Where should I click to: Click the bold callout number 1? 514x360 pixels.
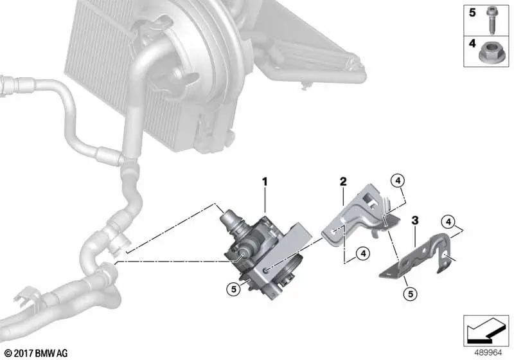click(x=265, y=182)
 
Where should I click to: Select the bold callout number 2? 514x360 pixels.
click(x=343, y=181)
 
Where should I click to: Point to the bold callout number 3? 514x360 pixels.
click(x=415, y=221)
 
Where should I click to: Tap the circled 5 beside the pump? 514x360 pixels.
click(x=234, y=289)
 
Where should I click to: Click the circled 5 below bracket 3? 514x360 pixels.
click(x=411, y=294)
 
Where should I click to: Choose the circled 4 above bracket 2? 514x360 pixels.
click(x=398, y=180)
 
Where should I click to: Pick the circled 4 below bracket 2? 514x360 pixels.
click(x=363, y=253)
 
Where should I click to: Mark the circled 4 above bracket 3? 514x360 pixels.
click(x=448, y=222)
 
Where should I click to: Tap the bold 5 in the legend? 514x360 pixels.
click(x=472, y=13)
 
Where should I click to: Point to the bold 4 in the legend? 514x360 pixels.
click(x=472, y=43)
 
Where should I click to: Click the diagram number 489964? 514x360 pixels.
click(x=488, y=353)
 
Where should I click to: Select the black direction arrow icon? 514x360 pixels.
click(x=486, y=330)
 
